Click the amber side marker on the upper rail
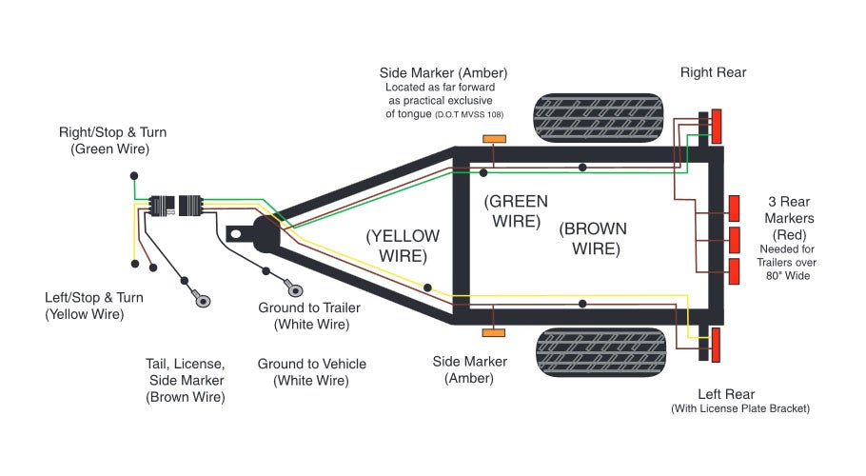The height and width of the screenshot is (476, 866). point(494,140)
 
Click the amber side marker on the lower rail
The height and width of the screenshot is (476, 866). point(494,332)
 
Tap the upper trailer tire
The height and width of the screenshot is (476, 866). point(597,118)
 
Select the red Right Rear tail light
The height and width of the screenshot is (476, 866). point(717,126)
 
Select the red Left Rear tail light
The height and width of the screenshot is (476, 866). point(717,344)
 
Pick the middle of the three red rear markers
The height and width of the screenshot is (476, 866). point(734,239)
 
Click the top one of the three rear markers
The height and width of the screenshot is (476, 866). point(734,208)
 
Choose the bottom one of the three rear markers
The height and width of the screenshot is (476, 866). point(734,270)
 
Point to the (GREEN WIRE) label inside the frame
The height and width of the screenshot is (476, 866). point(516,210)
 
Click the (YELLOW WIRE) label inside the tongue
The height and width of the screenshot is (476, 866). point(403,246)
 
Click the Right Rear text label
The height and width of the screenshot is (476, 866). point(713,72)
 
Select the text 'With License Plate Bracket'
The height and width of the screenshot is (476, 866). point(740,409)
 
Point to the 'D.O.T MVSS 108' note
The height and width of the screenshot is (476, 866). point(468,115)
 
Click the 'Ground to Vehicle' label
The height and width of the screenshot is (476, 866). point(311,372)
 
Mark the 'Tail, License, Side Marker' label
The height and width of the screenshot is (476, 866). point(186,381)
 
